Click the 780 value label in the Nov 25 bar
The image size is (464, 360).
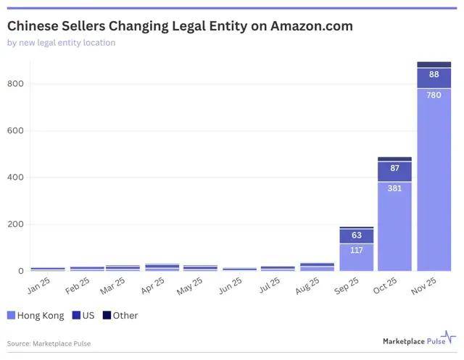(434, 95)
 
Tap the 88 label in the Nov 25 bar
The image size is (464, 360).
(434, 74)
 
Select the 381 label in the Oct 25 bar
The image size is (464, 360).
(394, 188)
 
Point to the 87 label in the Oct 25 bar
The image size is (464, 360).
(394, 168)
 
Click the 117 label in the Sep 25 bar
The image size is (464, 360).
(357, 251)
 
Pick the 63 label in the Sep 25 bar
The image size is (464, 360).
(357, 235)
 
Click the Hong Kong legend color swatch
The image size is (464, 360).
(11, 315)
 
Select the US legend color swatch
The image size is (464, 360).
(76, 315)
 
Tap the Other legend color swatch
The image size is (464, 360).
(107, 315)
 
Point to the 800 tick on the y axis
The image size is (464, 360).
(15, 83)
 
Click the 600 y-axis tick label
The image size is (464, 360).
(15, 130)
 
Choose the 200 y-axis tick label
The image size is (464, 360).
(15, 224)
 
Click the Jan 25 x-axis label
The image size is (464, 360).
(38, 285)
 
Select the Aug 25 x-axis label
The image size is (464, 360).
(307, 285)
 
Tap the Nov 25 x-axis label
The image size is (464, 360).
(423, 285)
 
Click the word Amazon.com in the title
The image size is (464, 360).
(312, 26)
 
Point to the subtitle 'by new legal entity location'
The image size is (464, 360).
(61, 43)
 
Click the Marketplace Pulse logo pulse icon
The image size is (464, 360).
(449, 337)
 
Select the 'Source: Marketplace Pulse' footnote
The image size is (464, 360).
(49, 344)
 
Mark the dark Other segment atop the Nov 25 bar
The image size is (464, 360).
(434, 64)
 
